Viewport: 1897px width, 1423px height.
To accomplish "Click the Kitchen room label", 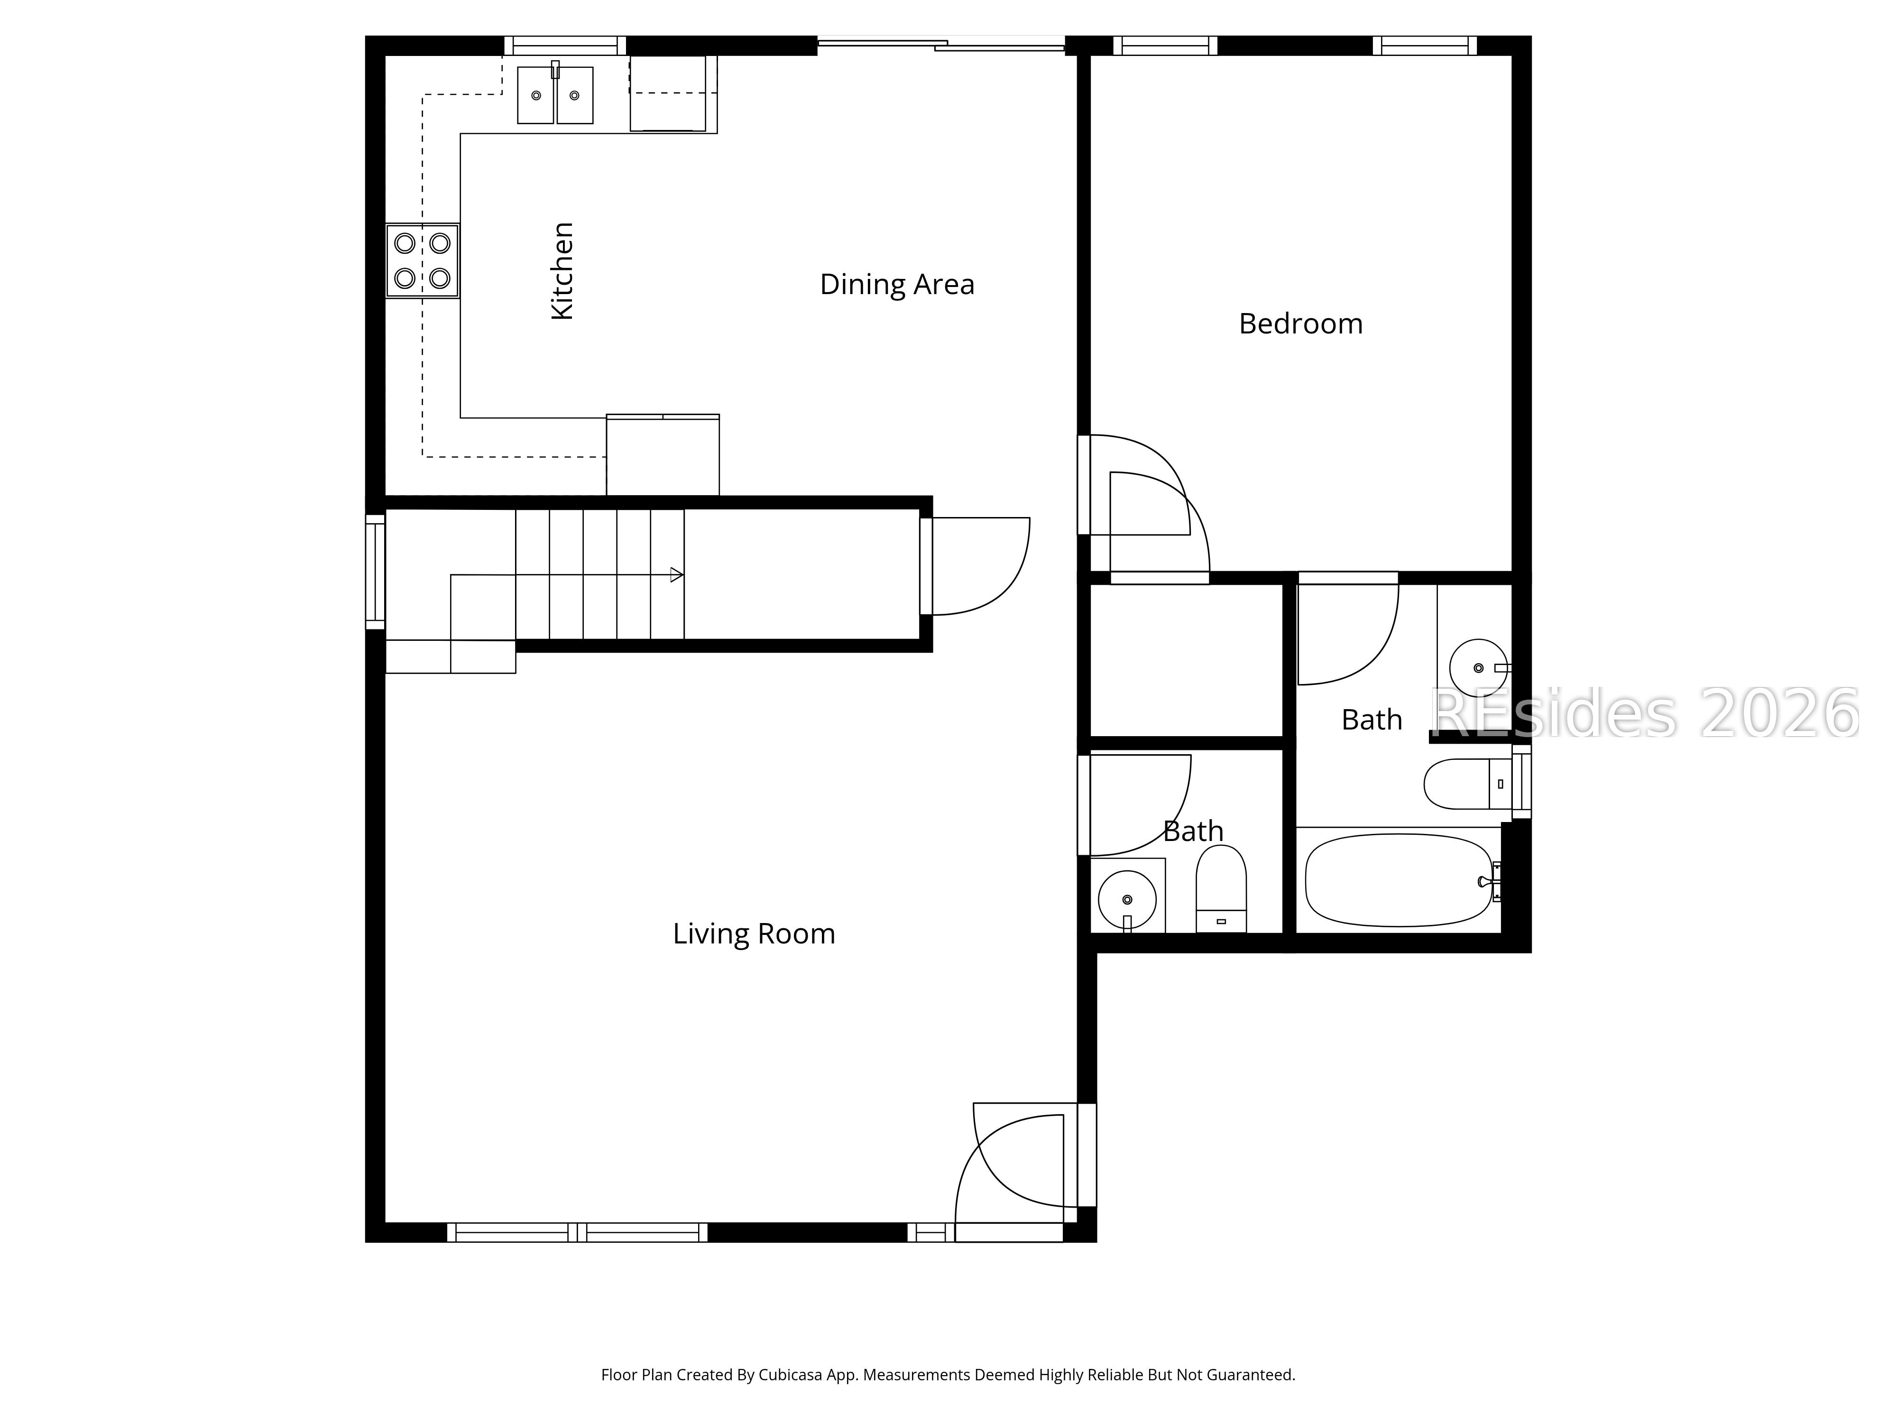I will (x=562, y=271).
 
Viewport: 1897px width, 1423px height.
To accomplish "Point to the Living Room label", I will (x=753, y=933).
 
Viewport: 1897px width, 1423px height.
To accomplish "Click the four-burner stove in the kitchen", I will (x=422, y=261).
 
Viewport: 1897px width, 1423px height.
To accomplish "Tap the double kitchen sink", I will (x=555, y=94).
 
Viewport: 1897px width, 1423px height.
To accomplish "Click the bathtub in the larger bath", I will (x=1398, y=880).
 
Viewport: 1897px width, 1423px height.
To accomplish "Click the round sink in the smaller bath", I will (x=1127, y=899).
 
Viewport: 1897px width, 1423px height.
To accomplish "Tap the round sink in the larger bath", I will (x=1478, y=666).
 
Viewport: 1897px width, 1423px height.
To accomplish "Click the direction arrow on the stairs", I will (x=676, y=575).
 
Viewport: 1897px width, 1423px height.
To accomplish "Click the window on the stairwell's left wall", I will (x=375, y=571).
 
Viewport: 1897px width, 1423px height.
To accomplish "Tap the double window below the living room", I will (x=577, y=1233).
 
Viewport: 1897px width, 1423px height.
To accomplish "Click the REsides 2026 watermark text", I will (x=1642, y=714).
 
